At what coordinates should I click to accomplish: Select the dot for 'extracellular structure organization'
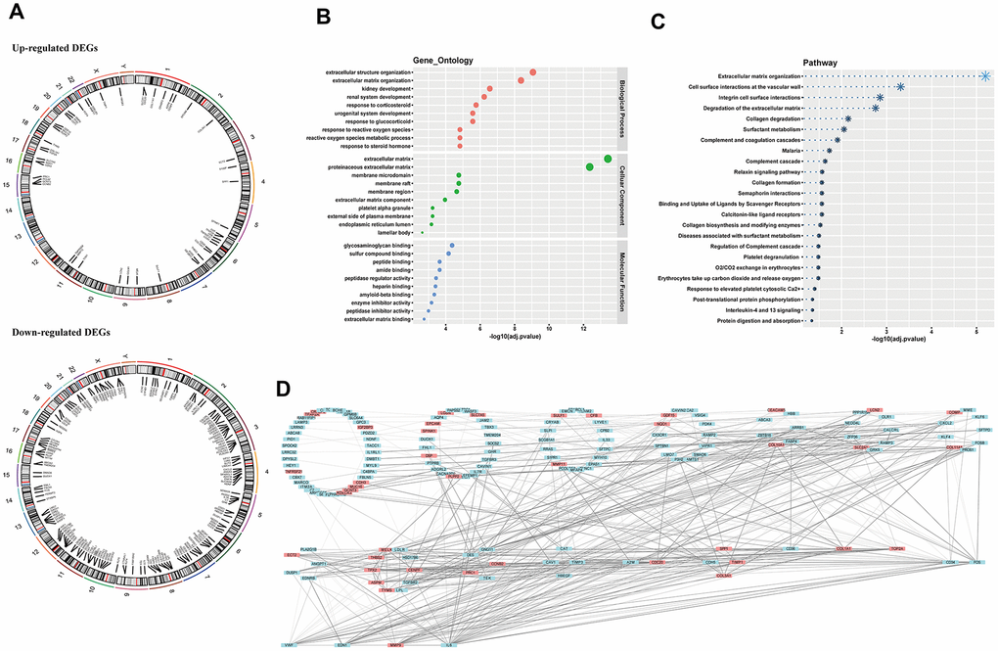click(532, 71)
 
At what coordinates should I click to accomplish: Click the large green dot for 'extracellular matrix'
click(608, 159)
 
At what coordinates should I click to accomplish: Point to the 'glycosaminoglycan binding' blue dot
click(451, 246)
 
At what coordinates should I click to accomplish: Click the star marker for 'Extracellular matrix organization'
click(984, 75)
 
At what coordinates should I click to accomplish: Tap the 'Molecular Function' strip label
click(622, 282)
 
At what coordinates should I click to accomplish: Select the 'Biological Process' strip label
click(622, 109)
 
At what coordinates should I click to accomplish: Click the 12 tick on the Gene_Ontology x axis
click(583, 328)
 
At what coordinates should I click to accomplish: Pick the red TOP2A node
click(897, 550)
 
